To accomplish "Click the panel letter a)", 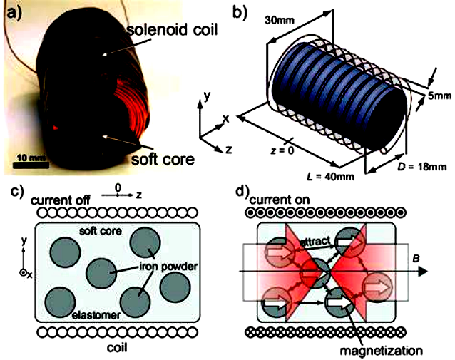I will tap(11, 11).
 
